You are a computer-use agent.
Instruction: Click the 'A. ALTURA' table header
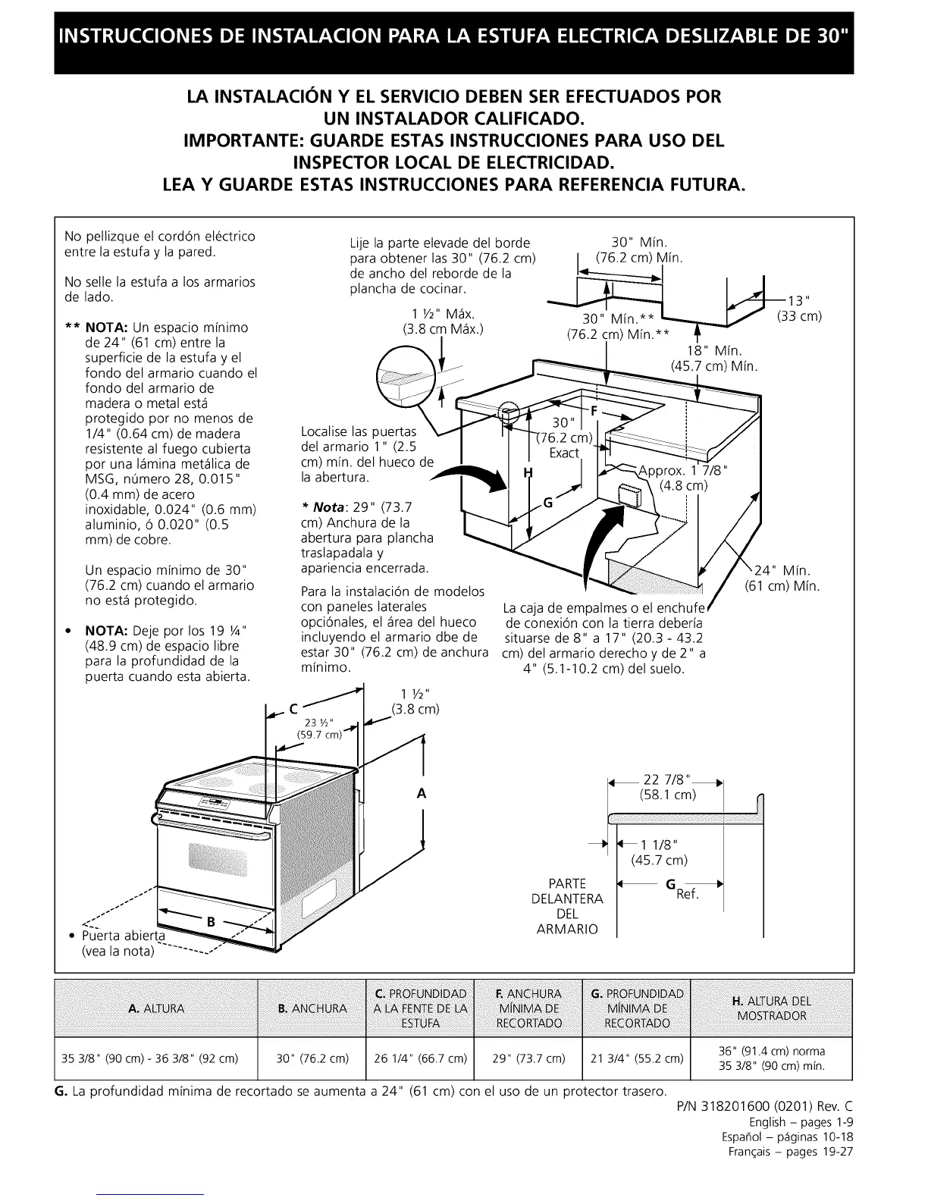[x=156, y=1008]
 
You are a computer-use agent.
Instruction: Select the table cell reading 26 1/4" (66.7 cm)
[x=421, y=1058]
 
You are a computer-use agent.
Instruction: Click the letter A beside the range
[x=422, y=794]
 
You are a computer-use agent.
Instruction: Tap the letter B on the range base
[x=211, y=922]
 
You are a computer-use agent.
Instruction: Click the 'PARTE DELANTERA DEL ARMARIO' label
[x=568, y=906]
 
